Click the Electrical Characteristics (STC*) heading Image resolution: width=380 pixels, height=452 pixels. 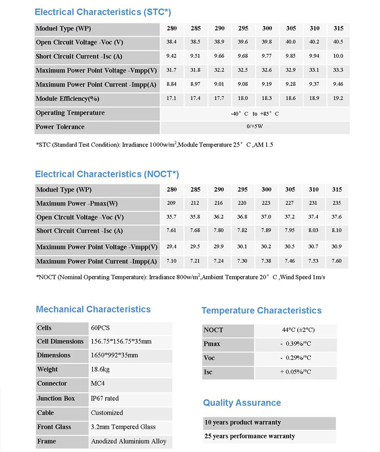(x=103, y=12)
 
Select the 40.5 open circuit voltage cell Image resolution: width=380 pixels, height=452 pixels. (x=337, y=42)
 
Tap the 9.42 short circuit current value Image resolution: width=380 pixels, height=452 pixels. (x=171, y=56)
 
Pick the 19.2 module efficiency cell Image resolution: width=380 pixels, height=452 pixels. (x=337, y=98)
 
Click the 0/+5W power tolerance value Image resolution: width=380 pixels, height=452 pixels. (x=254, y=127)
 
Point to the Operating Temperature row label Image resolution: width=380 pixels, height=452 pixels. (x=70, y=113)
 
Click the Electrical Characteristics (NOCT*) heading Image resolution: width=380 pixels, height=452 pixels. (x=107, y=174)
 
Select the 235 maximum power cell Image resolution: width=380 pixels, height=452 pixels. (x=337, y=203)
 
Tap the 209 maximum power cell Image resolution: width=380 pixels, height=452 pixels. (x=171, y=203)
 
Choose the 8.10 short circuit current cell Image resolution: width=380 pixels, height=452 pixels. (x=337, y=231)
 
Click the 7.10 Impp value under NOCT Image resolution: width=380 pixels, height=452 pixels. (x=171, y=261)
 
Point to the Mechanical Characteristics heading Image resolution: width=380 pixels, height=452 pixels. (x=93, y=309)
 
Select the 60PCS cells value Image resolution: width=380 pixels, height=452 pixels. (x=101, y=328)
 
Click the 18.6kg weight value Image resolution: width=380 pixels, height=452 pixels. (x=101, y=370)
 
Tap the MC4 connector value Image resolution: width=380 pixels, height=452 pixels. (x=99, y=384)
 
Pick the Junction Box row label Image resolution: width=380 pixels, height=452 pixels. (x=56, y=398)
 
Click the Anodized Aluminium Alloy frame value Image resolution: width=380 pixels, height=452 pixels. (x=129, y=441)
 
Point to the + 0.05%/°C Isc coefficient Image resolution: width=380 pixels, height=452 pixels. (x=296, y=372)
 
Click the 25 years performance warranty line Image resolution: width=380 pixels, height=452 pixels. (x=249, y=436)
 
